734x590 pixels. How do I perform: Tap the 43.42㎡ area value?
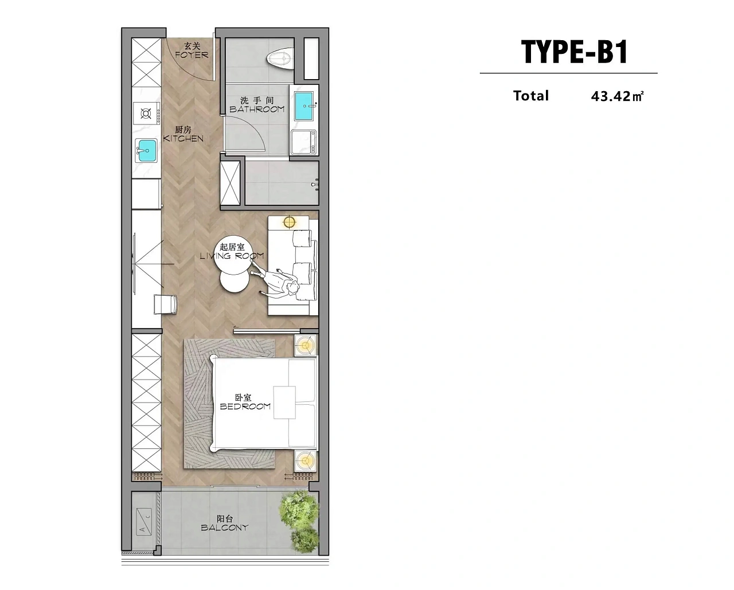coord(618,96)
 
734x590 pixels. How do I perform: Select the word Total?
coord(531,96)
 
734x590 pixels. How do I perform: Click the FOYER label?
coord(192,54)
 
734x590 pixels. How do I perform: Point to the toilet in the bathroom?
coord(281,59)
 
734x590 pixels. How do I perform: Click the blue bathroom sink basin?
coord(304,106)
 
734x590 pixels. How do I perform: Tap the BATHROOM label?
coord(257,109)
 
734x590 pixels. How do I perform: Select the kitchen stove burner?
coord(146,114)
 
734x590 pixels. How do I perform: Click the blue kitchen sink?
coord(147,150)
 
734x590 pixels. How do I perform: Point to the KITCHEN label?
coord(183,138)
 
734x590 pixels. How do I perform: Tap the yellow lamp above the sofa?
coord(289,222)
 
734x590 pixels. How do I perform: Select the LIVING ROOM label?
coord(232,256)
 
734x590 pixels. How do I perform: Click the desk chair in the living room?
coord(166,304)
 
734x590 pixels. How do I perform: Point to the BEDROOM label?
coord(245,406)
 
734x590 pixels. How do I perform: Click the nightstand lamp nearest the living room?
coord(305,346)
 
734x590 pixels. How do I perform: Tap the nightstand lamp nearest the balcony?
coord(305,461)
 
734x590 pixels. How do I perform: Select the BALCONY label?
coord(224,528)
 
